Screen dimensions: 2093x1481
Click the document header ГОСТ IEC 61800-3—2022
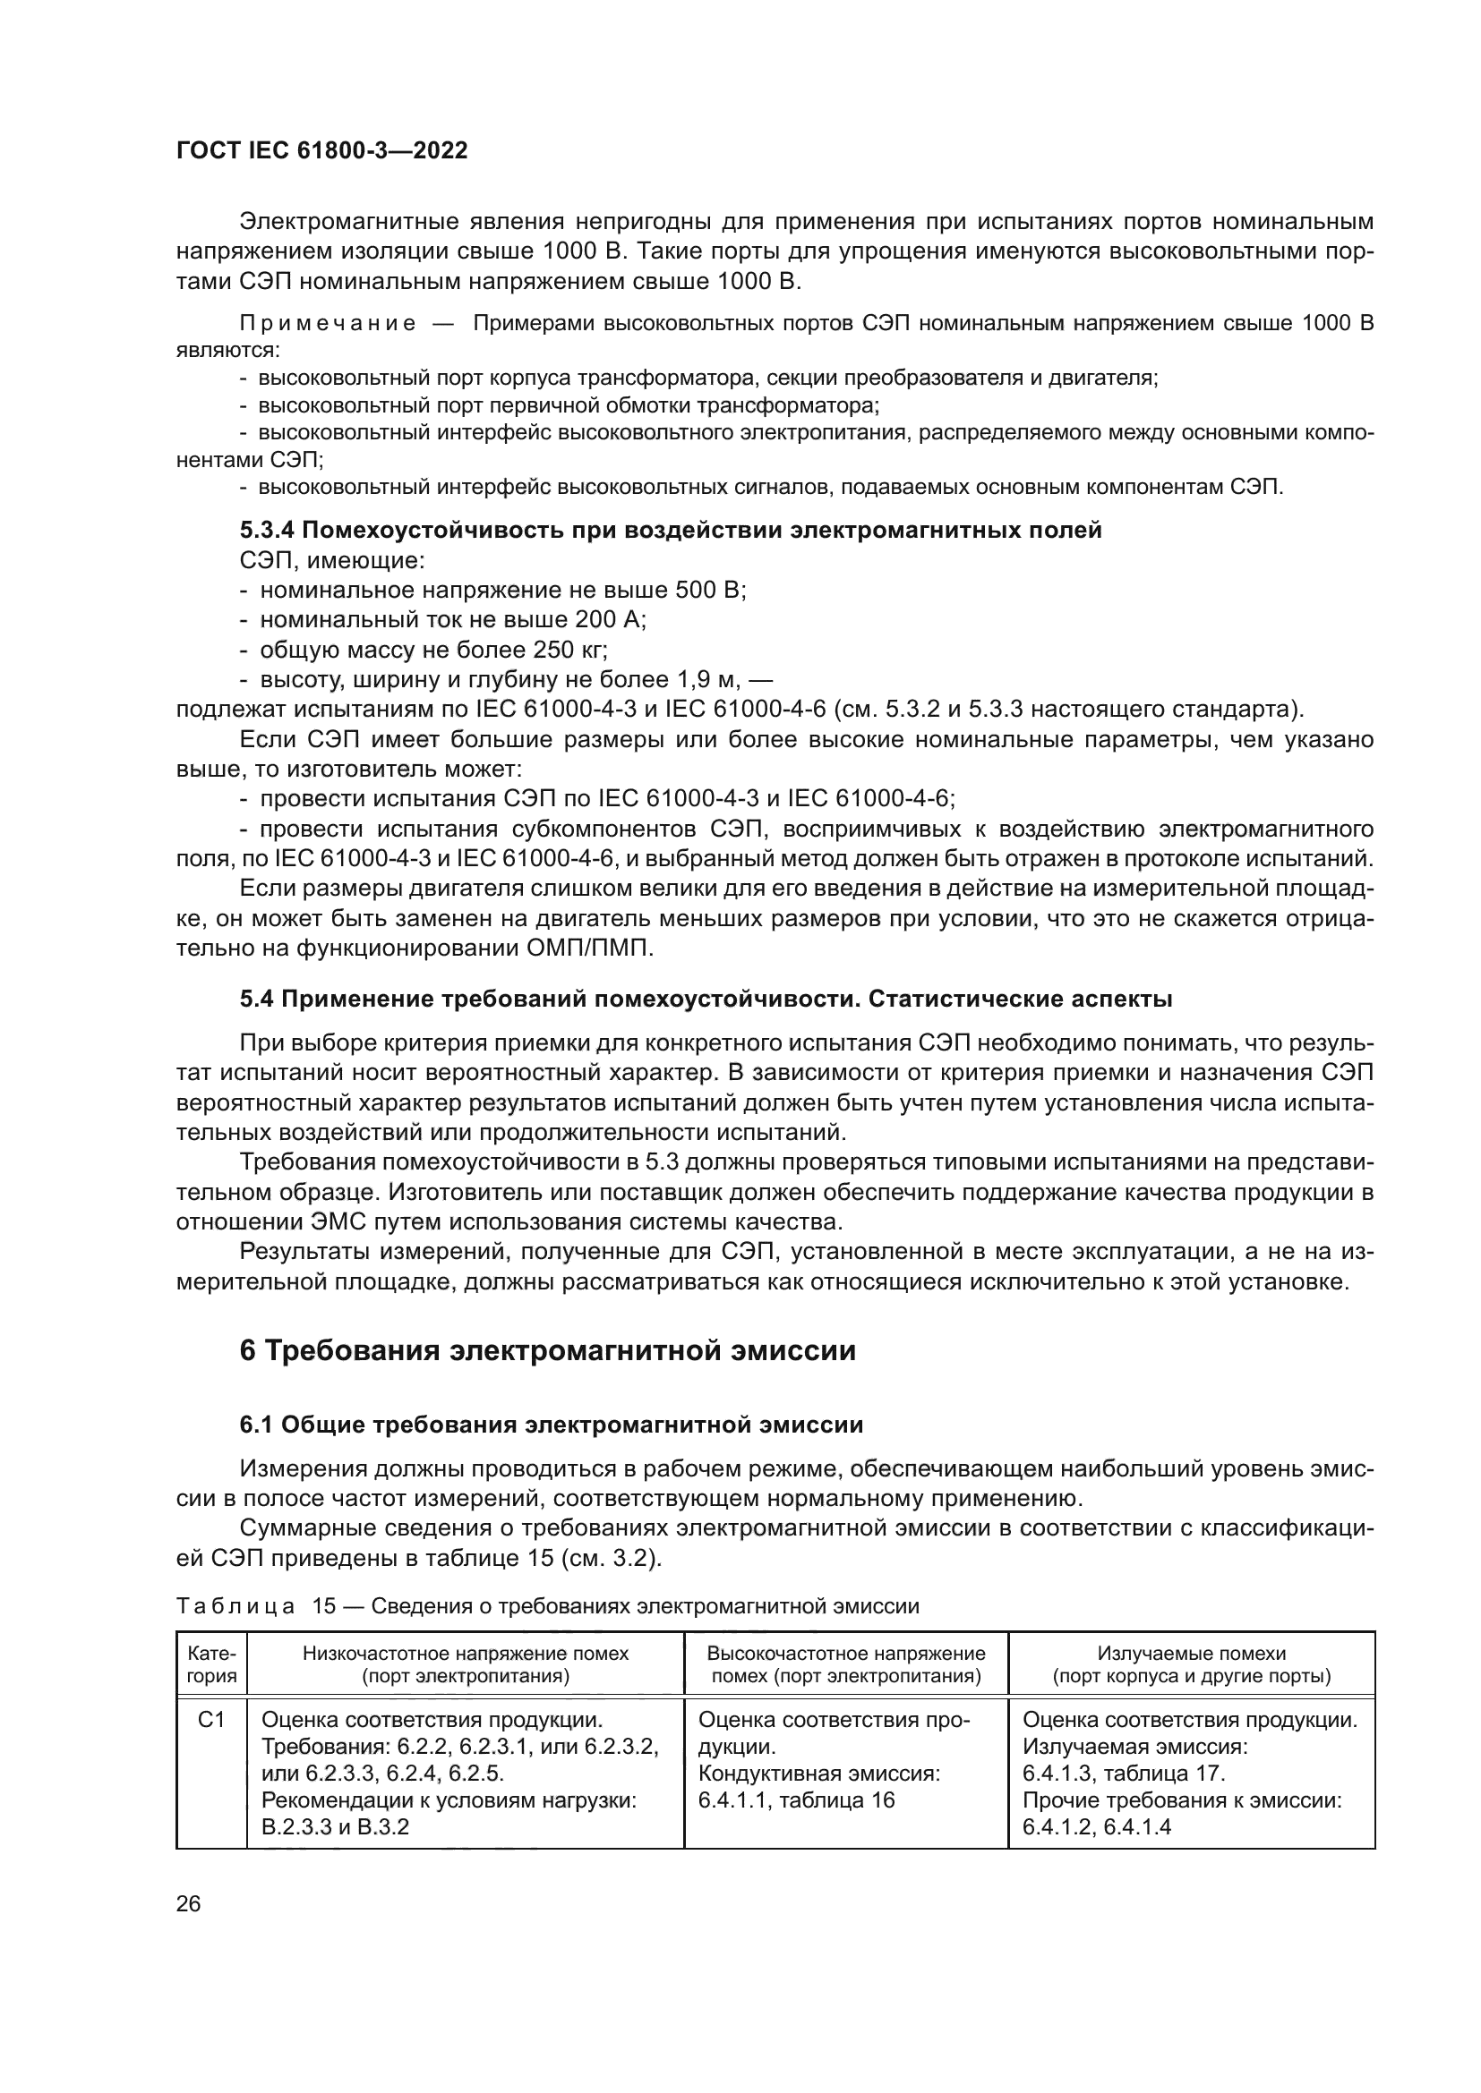[x=321, y=151]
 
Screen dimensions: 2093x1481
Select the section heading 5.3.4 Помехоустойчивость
[x=671, y=531]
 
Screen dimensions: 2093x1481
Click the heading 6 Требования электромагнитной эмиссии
[x=547, y=1350]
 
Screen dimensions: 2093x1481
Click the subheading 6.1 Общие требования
[x=551, y=1425]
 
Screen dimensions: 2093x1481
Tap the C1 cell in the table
[x=211, y=1720]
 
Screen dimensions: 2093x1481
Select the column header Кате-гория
[x=211, y=1664]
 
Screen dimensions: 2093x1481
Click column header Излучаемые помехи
[x=1191, y=1664]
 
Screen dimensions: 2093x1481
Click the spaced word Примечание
[x=328, y=324]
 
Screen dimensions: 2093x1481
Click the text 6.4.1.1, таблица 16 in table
[x=796, y=1800]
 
